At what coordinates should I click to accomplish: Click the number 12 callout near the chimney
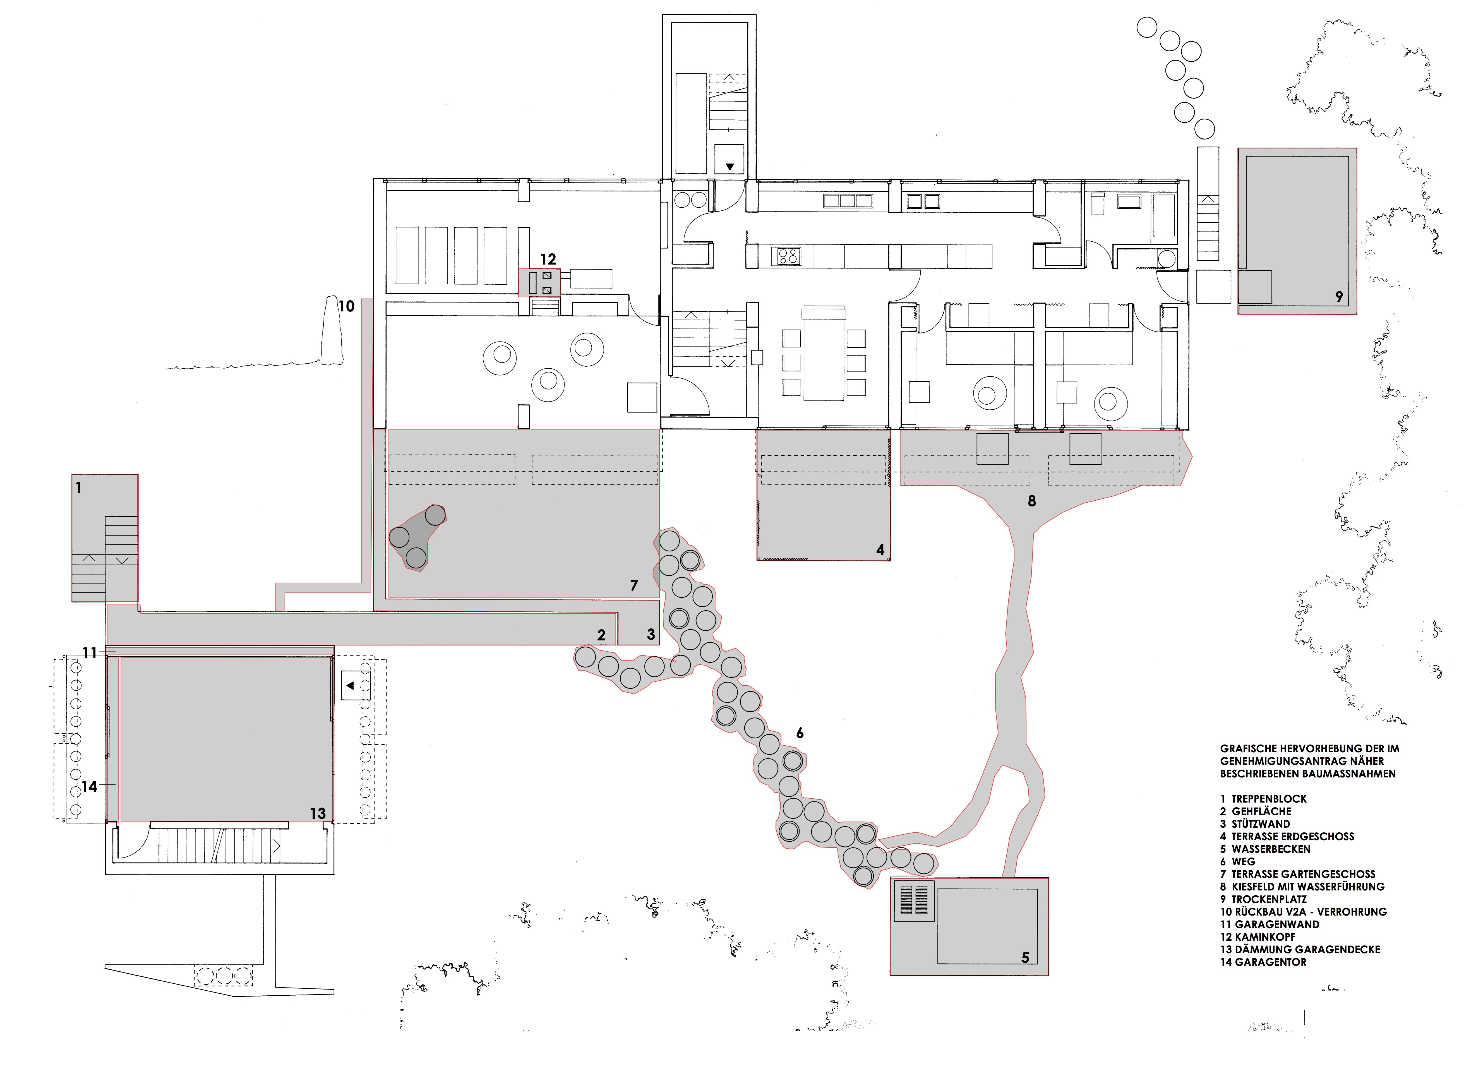point(548,260)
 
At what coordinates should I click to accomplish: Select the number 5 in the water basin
point(1025,957)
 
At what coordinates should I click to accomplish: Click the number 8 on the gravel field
point(1032,501)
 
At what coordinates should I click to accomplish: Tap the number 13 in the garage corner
point(318,813)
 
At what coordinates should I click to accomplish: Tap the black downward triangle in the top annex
point(730,167)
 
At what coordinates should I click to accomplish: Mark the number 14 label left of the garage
point(89,787)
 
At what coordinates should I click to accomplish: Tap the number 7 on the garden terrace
point(633,586)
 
